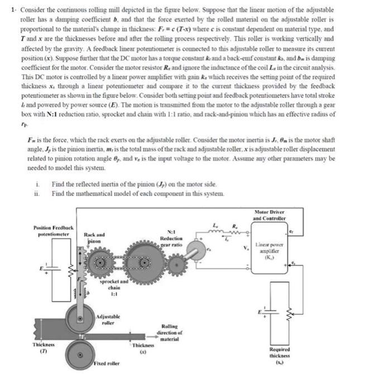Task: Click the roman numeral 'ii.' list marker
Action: (x=36, y=193)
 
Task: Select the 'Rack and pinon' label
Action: (x=94, y=238)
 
